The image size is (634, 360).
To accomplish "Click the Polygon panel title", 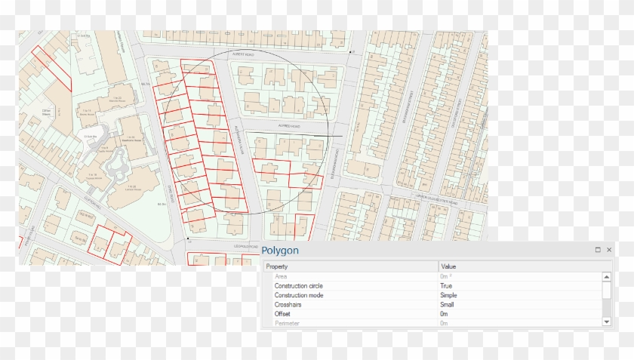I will pyautogui.click(x=280, y=251).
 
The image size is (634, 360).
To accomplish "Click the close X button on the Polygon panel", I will pyautogui.click(x=609, y=250).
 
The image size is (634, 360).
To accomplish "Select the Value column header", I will pyautogui.click(x=448, y=266).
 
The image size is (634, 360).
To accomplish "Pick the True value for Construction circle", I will pyautogui.click(x=446, y=286).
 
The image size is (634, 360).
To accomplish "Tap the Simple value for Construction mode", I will pyautogui.click(x=448, y=295).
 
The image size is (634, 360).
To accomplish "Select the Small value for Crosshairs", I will pyautogui.click(x=447, y=304).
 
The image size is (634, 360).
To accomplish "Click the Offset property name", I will pyautogui.click(x=283, y=314).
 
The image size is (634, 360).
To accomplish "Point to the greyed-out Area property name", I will pyautogui.click(x=281, y=277).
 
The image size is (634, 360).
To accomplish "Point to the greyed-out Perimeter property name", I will pyautogui.click(x=287, y=323).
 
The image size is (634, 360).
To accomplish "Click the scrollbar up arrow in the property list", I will pyautogui.click(x=607, y=277).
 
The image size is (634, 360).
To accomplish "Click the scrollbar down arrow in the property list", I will pyautogui.click(x=607, y=322).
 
